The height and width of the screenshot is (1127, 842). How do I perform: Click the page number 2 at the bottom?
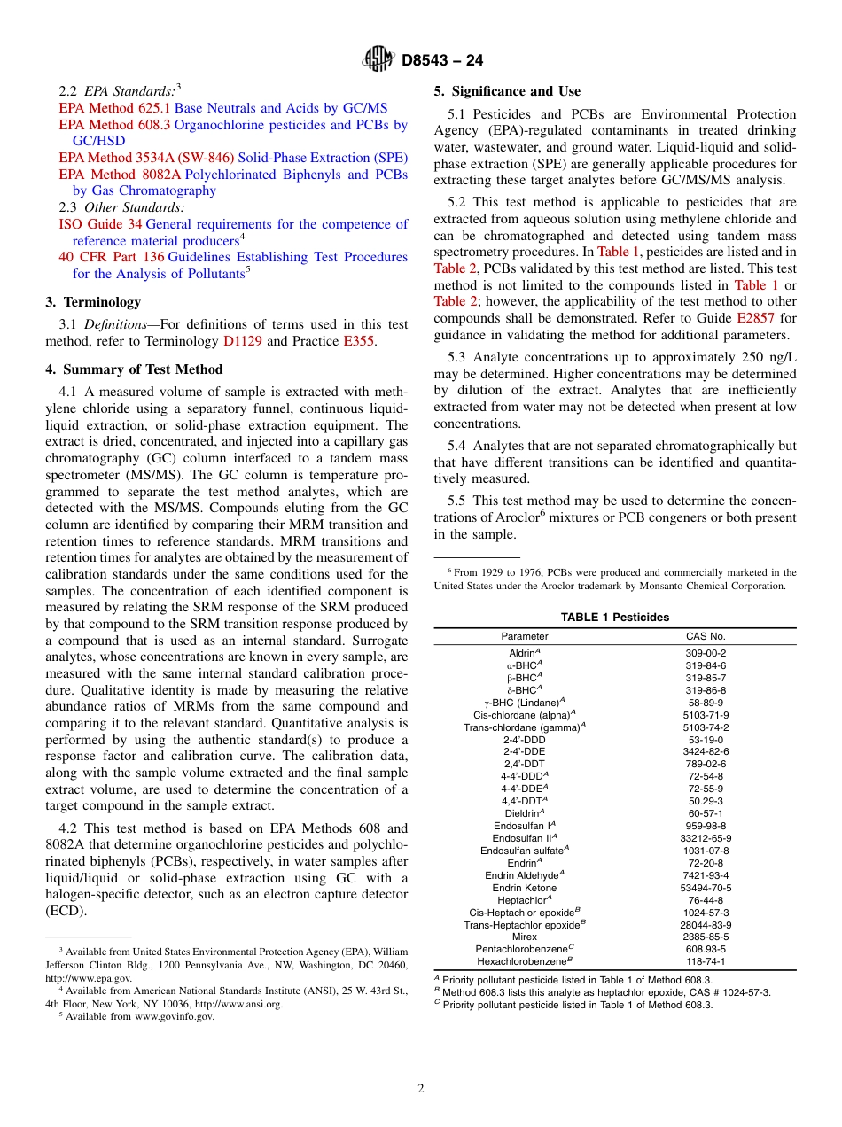421,1089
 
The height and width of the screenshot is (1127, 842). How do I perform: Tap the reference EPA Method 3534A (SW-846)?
146,158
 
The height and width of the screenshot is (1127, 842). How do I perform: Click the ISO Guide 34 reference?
99,224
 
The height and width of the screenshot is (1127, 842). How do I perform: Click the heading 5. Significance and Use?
507,91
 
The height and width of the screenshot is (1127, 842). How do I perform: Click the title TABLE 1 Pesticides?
614,618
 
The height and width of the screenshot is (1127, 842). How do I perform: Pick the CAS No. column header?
706,636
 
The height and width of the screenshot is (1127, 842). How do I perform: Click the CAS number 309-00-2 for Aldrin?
706,653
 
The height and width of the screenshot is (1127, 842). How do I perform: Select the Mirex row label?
525,937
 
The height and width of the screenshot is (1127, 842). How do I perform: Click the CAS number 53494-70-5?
706,888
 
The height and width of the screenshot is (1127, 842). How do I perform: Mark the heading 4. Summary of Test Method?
134,369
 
